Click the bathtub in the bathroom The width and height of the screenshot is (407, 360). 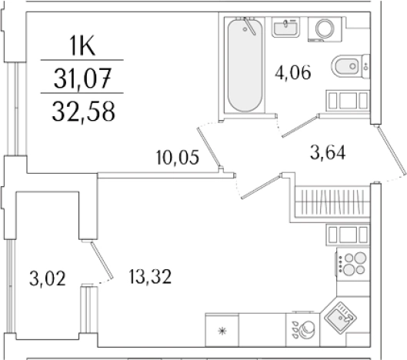[245, 65]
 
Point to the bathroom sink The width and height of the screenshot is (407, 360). [286, 28]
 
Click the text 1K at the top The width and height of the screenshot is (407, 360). [82, 48]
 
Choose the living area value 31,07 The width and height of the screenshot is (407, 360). [82, 78]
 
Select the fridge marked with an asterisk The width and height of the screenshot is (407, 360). [224, 331]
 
